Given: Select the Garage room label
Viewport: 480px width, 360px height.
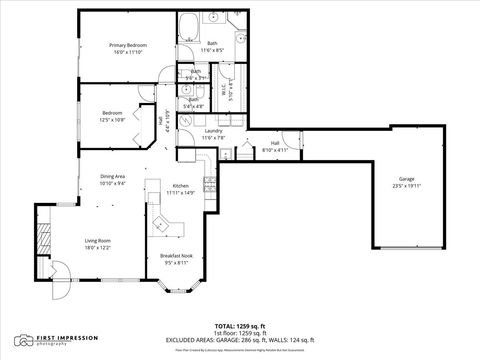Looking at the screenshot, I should (x=406, y=178).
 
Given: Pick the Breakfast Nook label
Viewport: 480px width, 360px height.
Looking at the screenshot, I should (x=176, y=257).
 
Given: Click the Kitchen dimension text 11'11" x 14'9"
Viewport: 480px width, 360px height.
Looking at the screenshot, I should (x=181, y=193).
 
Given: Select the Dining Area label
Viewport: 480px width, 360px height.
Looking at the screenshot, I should (x=112, y=177).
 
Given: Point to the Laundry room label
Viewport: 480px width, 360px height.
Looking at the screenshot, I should (x=213, y=131).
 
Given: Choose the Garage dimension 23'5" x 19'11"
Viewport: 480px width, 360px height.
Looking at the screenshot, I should (x=406, y=185).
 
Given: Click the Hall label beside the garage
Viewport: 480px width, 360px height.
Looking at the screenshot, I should (x=274, y=143).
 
